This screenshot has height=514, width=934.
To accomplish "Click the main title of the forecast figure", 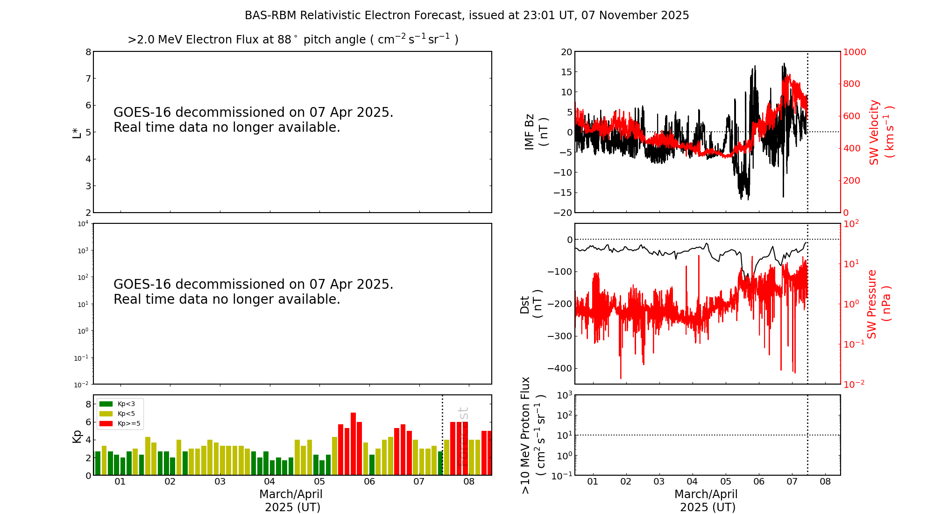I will (x=467, y=15).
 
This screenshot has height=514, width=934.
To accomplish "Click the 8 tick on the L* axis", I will (x=88, y=52).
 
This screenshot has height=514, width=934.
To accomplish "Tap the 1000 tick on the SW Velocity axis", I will (x=854, y=52).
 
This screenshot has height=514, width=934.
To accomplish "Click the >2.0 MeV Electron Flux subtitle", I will (x=293, y=40).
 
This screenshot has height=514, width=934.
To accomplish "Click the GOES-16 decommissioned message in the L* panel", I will (x=253, y=120).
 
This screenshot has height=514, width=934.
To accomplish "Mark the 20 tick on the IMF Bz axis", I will (x=566, y=52).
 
